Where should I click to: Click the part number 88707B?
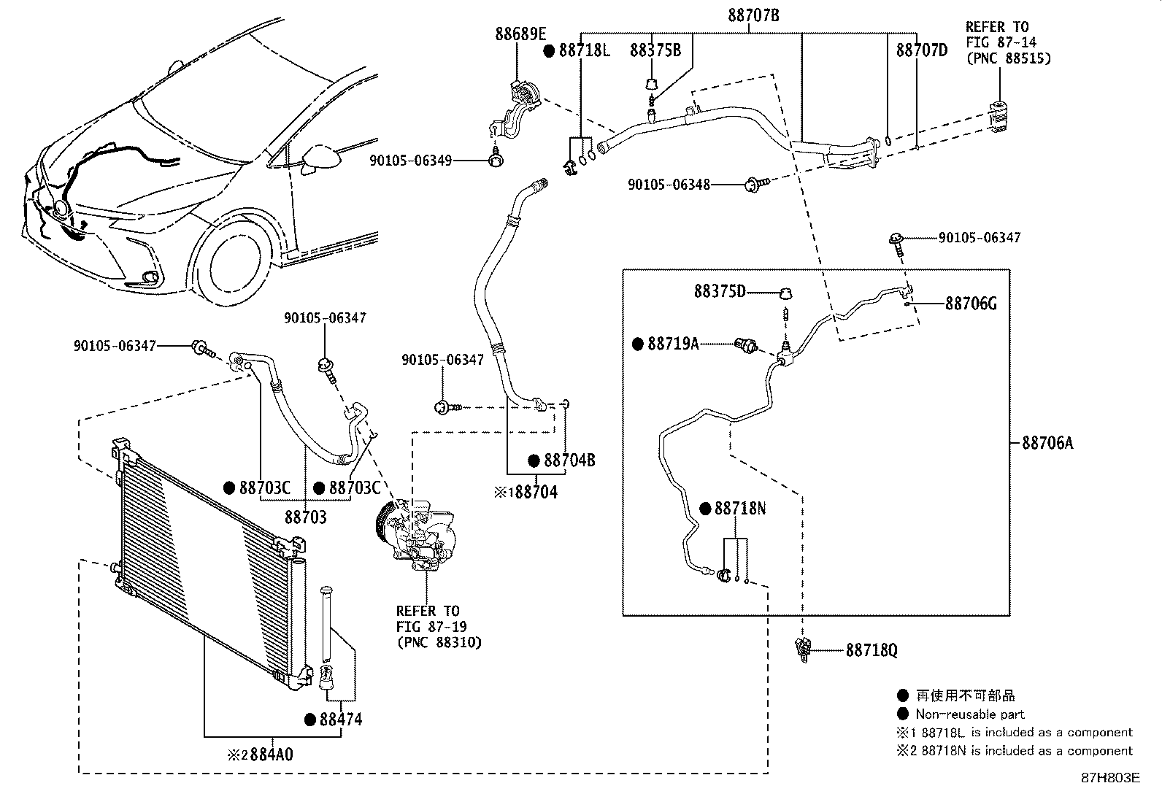(x=753, y=15)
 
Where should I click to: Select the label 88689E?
(x=520, y=34)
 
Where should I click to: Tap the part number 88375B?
(x=655, y=50)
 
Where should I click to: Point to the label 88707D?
(x=922, y=50)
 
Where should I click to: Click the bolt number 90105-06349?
(x=410, y=161)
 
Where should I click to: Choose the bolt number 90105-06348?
(x=669, y=185)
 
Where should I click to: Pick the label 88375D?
(x=720, y=292)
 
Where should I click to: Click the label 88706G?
(x=971, y=304)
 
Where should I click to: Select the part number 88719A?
(x=674, y=344)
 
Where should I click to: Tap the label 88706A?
(x=1047, y=443)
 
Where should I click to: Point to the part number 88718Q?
(x=871, y=650)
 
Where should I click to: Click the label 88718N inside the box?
(x=739, y=509)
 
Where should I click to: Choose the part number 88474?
(x=341, y=720)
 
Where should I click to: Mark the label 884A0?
(x=272, y=755)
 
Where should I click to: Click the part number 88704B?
(x=569, y=460)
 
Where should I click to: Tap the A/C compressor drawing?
(x=415, y=536)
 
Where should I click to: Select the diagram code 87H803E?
(x=1111, y=778)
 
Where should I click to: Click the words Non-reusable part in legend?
(x=970, y=714)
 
